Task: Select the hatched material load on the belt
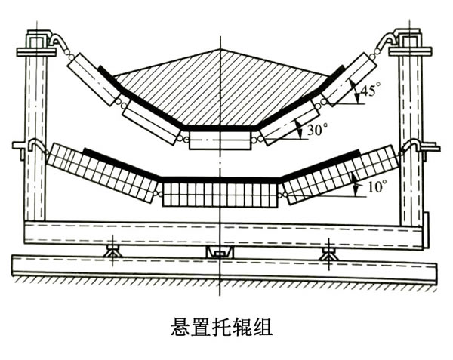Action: click(x=220, y=87)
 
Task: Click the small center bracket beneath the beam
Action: click(x=220, y=251)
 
